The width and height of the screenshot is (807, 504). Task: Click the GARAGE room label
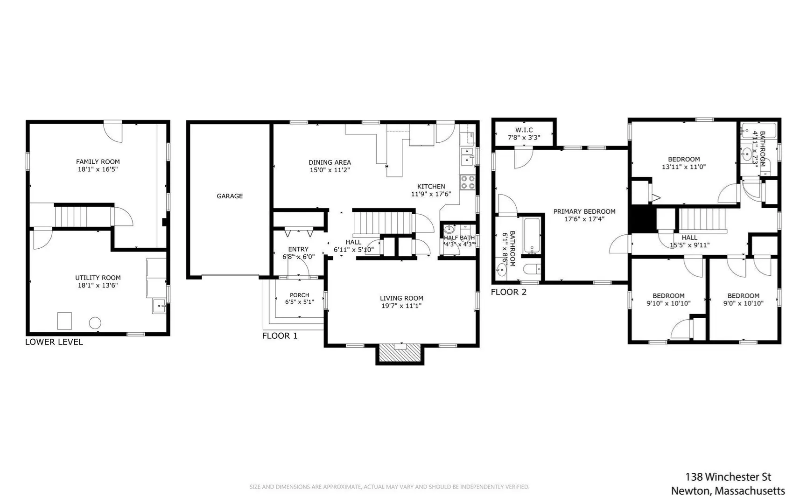(x=230, y=196)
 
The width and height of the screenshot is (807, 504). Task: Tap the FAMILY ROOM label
(x=98, y=162)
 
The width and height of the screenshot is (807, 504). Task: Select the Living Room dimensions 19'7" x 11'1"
(x=401, y=306)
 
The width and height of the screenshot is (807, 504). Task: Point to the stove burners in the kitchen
(x=467, y=182)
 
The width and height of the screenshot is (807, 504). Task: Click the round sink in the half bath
(x=449, y=229)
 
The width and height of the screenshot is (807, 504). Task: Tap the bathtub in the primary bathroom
(x=532, y=234)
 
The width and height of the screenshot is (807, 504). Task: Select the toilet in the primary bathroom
(x=532, y=269)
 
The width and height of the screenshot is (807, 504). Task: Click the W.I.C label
(x=524, y=130)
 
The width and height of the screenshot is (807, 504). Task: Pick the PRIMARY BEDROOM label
(x=584, y=211)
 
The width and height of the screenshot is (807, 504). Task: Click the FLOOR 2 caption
(x=509, y=292)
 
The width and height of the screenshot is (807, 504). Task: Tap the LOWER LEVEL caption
(x=54, y=342)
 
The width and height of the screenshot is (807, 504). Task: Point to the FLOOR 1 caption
(x=280, y=336)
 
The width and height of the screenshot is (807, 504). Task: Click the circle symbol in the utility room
(x=95, y=322)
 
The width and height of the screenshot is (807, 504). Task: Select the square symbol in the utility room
(x=64, y=321)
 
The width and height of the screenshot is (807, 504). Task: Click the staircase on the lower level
(x=83, y=216)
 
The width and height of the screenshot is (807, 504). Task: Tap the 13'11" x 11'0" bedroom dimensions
(x=684, y=167)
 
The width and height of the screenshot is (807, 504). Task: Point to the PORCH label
(x=300, y=295)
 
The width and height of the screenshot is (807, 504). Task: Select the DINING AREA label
(x=330, y=162)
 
